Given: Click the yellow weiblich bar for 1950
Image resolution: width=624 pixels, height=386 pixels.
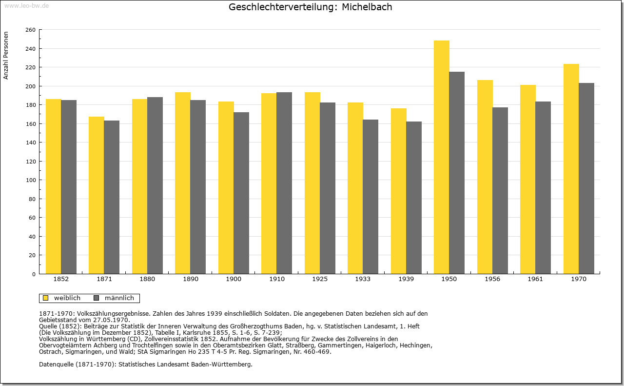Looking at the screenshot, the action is (442, 157).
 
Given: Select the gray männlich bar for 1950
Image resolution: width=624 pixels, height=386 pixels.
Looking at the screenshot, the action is (457, 173).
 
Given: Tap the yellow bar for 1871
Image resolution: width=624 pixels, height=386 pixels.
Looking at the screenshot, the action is (97, 195).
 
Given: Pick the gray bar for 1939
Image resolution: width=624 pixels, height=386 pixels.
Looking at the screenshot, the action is (414, 198).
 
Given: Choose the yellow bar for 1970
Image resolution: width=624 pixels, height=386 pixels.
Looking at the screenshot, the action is (571, 169).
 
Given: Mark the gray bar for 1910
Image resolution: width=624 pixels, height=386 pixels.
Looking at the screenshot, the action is (284, 183).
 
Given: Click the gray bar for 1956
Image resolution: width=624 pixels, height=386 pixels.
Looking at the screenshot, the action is (500, 190).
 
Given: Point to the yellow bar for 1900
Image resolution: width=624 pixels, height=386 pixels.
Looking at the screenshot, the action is (226, 188).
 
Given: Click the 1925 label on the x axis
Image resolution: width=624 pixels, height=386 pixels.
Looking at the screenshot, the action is (320, 279).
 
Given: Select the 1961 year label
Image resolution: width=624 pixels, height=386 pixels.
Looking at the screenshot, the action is (535, 279).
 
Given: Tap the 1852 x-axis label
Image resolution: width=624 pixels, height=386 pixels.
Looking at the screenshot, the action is (61, 279).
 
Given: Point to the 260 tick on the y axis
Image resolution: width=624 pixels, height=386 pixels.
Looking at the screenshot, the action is (30, 30).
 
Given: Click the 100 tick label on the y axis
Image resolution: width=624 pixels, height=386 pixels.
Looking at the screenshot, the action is (30, 180).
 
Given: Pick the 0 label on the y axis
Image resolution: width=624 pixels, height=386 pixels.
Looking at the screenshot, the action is (34, 274).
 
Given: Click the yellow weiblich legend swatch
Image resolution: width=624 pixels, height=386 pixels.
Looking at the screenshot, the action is (46, 298).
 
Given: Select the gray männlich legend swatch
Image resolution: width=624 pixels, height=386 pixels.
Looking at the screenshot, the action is (97, 298).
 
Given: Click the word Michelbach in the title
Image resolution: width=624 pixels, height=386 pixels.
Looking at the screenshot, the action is (367, 7).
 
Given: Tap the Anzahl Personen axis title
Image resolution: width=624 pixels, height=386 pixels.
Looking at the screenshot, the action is (6, 56).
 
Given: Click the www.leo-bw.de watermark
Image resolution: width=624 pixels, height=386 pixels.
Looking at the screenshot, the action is (26, 5).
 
